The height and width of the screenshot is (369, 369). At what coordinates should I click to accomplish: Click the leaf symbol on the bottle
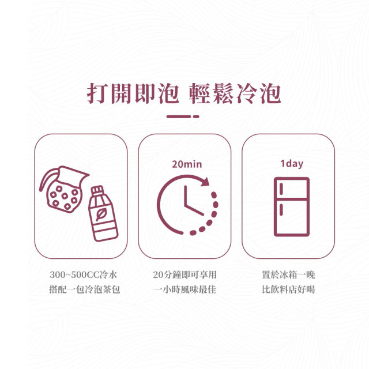pyautogui.click(x=101, y=214)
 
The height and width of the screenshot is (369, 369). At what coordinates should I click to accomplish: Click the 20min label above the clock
pyautogui.click(x=187, y=164)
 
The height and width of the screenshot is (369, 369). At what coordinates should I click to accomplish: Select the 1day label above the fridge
pyautogui.click(x=292, y=164)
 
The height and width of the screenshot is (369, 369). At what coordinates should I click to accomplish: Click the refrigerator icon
pyautogui.click(x=292, y=207)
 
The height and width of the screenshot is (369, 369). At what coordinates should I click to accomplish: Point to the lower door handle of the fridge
pyautogui.click(x=281, y=209)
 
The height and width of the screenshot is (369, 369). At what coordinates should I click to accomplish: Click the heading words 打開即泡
pyautogui.click(x=133, y=93)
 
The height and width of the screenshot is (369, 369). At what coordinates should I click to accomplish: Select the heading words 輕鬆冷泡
pyautogui.click(x=235, y=93)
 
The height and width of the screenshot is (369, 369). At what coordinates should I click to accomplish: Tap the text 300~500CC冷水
pyautogui.click(x=83, y=274)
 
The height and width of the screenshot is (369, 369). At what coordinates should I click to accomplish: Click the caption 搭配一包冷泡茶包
pyautogui.click(x=85, y=289)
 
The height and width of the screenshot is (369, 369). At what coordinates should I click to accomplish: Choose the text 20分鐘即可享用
pyautogui.click(x=184, y=274)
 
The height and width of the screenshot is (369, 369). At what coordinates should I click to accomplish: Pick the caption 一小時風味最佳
pyautogui.click(x=184, y=289)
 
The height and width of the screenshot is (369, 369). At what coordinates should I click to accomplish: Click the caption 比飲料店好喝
pyautogui.click(x=288, y=289)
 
